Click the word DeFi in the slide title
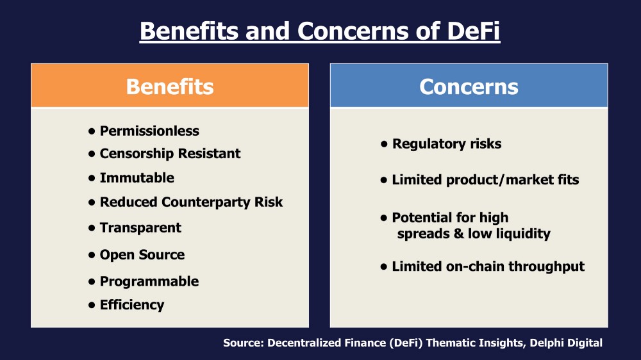pos(474,31)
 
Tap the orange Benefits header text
pos(170,86)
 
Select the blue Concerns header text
pos(469,86)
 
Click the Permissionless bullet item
pos(149,131)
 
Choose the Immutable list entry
pos(137,177)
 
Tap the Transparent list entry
pos(140,227)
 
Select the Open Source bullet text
pos(142,254)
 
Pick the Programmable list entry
pos(149,282)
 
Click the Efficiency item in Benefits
pos(132,305)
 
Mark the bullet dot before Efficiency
pos(92,306)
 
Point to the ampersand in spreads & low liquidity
pos(459,234)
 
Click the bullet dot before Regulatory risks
pos(384,144)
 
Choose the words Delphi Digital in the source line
pos(566,343)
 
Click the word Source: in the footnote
pos(244,343)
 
